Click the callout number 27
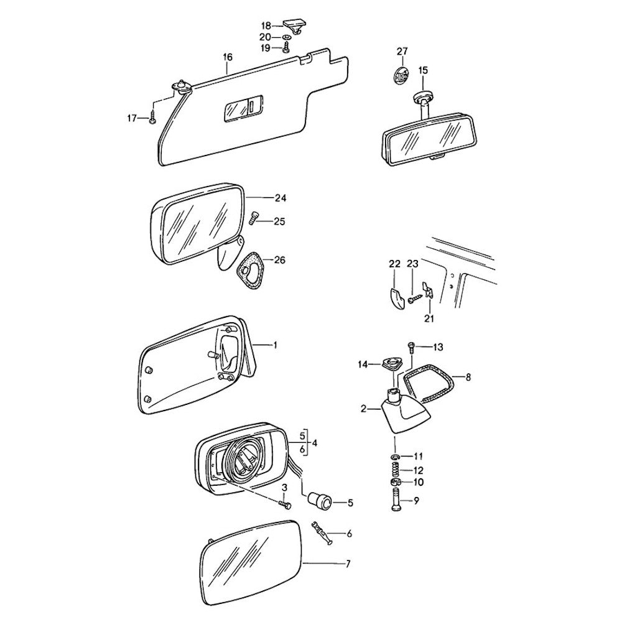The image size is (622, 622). tap(402, 52)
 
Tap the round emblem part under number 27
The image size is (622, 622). tap(399, 76)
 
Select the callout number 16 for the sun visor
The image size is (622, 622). tap(227, 57)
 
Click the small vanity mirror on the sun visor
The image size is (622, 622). tap(243, 107)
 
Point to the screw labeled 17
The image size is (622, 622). tap(153, 118)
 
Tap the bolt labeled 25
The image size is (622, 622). tap(254, 218)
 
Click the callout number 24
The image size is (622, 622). tap(280, 198)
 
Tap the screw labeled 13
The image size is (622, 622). tap(411, 348)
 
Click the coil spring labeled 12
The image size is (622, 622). tap(396, 470)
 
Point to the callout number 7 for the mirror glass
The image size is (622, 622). tap(348, 564)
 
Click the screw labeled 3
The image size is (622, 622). tap(285, 503)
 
